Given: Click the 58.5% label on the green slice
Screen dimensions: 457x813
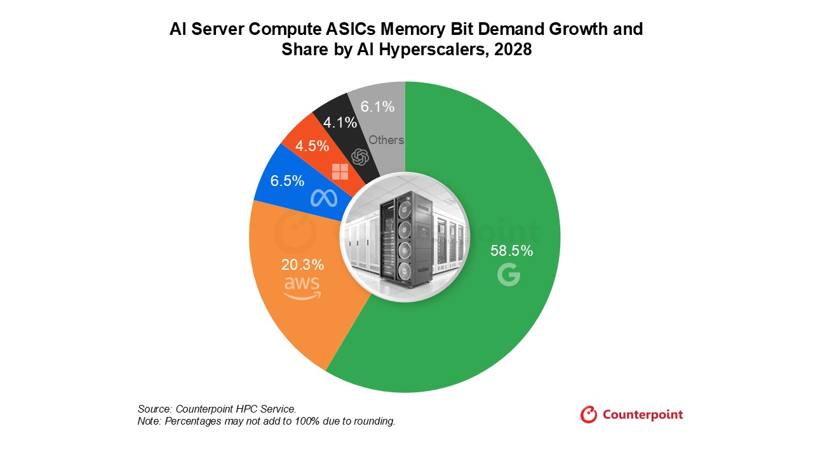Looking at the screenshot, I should pos(511,251).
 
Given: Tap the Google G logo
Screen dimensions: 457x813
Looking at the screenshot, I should pos(509,275).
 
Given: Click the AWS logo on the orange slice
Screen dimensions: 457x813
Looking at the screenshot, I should pos(302,288).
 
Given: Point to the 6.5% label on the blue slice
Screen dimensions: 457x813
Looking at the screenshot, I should pos(287,181).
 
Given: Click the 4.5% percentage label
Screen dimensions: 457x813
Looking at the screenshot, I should pos(312,146).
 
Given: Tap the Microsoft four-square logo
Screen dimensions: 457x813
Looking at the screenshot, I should pos(340,171).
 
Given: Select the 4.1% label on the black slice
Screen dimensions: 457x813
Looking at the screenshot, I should pos(340,123).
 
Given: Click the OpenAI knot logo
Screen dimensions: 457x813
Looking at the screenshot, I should pos(361,157).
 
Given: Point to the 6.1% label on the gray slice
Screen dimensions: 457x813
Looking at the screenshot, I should pos(378,107).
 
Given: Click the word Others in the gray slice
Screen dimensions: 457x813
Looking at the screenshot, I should pos(386,140).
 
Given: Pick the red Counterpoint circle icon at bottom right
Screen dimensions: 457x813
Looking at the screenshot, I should pos(589,414).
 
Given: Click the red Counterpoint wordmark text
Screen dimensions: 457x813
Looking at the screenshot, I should pos(642,414).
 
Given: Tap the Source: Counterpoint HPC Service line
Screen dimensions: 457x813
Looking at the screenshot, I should pos(217,409).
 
